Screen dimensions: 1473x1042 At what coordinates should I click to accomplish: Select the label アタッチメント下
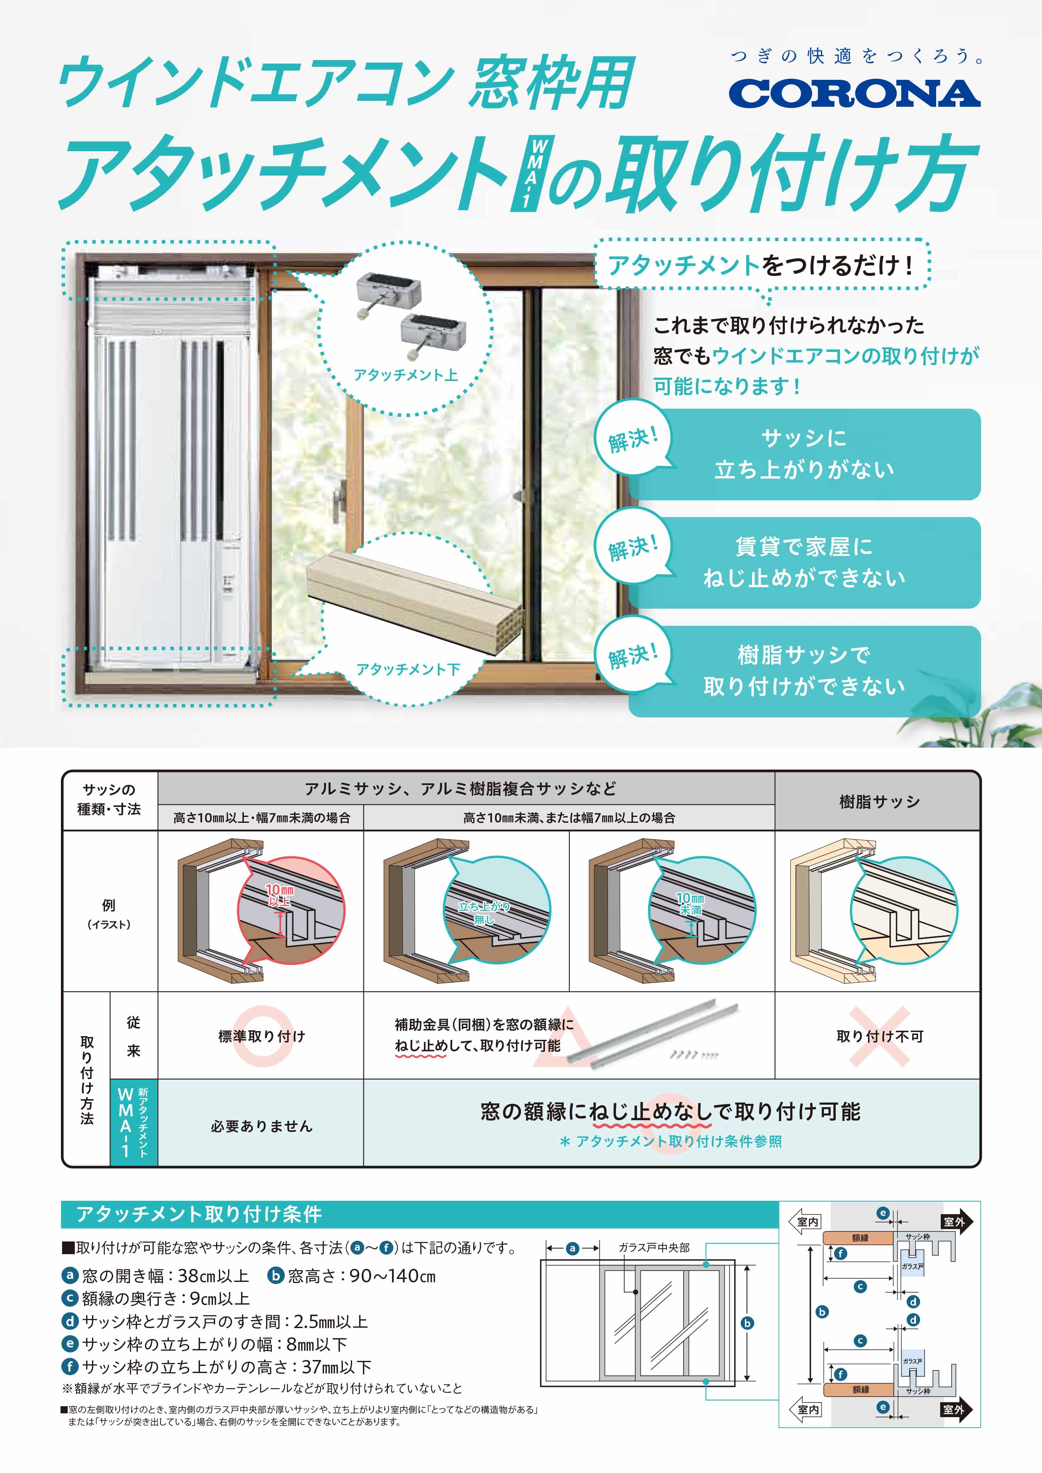pos(408,669)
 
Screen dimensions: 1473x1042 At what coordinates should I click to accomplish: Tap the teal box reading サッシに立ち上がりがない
pos(804,454)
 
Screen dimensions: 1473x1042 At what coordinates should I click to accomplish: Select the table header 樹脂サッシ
pos(879,801)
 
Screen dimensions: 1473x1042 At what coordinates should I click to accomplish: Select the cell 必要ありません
pos(261,1126)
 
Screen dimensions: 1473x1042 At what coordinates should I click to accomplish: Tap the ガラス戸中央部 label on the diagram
pos(653,1247)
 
